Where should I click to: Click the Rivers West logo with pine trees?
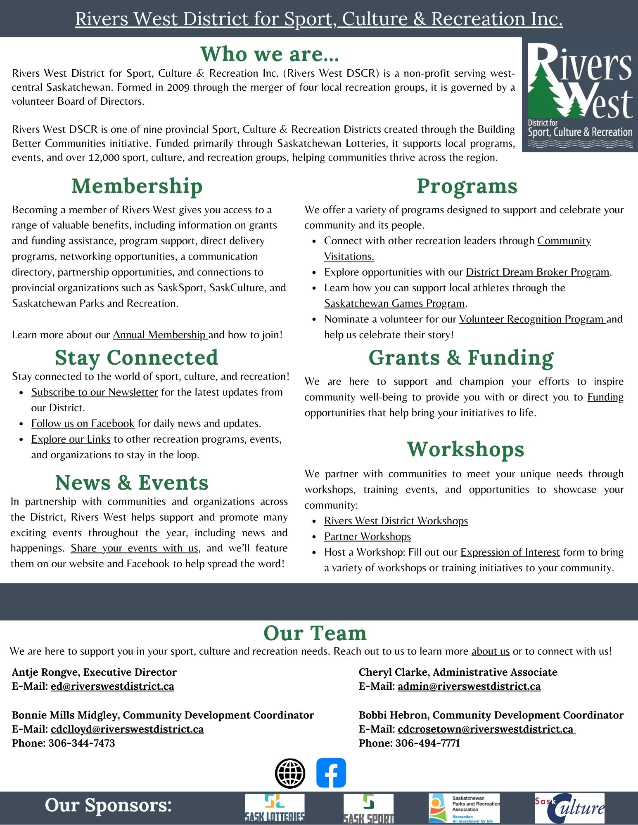point(580,95)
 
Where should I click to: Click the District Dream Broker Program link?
point(538,272)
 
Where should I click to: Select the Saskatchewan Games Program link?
point(394,304)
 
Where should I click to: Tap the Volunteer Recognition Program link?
point(532,319)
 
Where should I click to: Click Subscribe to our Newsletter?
point(95,392)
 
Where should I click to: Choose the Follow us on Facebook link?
point(83,424)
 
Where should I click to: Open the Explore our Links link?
point(71,439)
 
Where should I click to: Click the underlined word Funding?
point(605,397)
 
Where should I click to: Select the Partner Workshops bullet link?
point(368,537)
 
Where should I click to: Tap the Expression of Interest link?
point(510,552)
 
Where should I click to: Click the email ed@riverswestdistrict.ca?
point(112,686)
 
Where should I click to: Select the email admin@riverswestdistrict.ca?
point(469,686)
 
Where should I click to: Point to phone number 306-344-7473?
point(82,743)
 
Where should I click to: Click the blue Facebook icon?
point(331,773)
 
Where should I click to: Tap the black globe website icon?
point(290,773)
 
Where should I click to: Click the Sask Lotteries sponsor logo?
point(275,808)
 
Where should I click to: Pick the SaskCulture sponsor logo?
point(569,808)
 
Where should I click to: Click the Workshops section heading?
point(465,449)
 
